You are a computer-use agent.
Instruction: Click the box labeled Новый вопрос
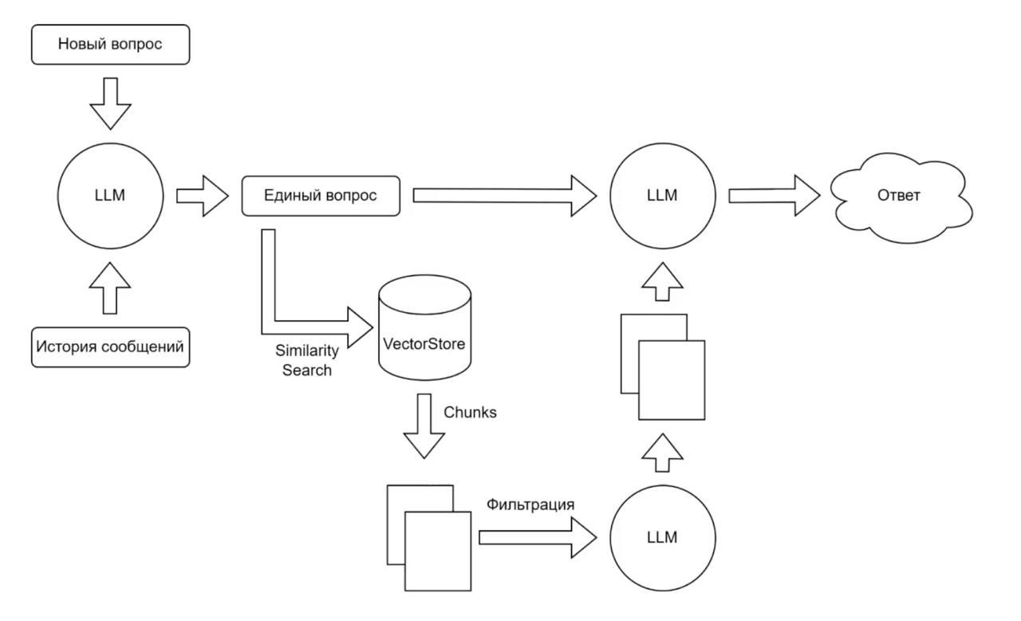coord(110,45)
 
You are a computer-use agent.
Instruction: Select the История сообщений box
coord(110,347)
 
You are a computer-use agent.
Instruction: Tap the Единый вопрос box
coord(321,196)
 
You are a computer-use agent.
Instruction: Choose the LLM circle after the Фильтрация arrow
coord(662,537)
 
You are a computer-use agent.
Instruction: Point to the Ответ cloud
coord(900,196)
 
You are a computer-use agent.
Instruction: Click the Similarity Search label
coord(307,360)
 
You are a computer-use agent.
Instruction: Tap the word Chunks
coord(470,413)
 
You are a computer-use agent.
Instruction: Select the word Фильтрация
coord(530,504)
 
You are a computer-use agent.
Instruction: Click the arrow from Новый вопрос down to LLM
coord(110,102)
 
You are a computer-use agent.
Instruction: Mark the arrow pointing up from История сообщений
coord(110,287)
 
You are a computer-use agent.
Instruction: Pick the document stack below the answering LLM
coord(663,366)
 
